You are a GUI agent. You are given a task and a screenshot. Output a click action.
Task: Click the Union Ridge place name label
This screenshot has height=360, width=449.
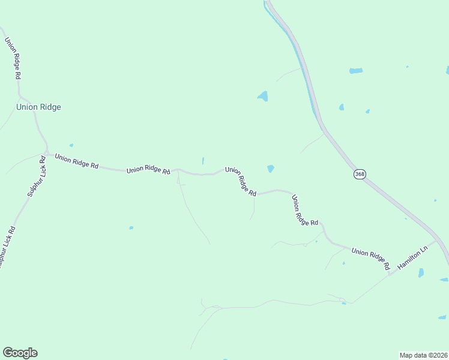pyautogui.click(x=38, y=107)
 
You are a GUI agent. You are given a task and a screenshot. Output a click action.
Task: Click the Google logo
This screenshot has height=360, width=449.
pyautogui.click(x=20, y=353)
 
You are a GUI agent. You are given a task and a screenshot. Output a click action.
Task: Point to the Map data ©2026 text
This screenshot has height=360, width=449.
pyautogui.click(x=423, y=355)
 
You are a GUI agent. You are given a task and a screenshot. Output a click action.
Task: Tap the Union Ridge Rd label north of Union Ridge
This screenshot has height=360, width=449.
pyautogui.click(x=13, y=59)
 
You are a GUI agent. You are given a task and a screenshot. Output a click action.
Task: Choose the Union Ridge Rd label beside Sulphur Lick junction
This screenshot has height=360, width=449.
pyautogui.click(x=76, y=161)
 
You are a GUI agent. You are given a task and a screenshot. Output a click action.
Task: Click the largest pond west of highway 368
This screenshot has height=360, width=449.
pyautogui.click(x=262, y=96)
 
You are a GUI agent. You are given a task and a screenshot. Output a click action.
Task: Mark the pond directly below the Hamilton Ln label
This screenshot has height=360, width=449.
pyautogui.click(x=421, y=273)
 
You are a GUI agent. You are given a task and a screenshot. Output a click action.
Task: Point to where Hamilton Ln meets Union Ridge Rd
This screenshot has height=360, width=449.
pyautogui.click(x=390, y=274)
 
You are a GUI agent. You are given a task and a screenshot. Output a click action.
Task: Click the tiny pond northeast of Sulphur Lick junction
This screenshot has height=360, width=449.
pyautogui.click(x=71, y=145)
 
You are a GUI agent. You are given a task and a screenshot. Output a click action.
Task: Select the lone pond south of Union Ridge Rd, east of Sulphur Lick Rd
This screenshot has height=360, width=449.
pyautogui.click(x=131, y=228)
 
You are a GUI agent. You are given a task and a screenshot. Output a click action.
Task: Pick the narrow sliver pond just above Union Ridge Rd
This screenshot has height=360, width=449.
pyautogui.click(x=203, y=161)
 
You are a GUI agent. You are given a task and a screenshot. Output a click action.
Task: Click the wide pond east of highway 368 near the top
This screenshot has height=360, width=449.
pyautogui.click(x=356, y=71)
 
